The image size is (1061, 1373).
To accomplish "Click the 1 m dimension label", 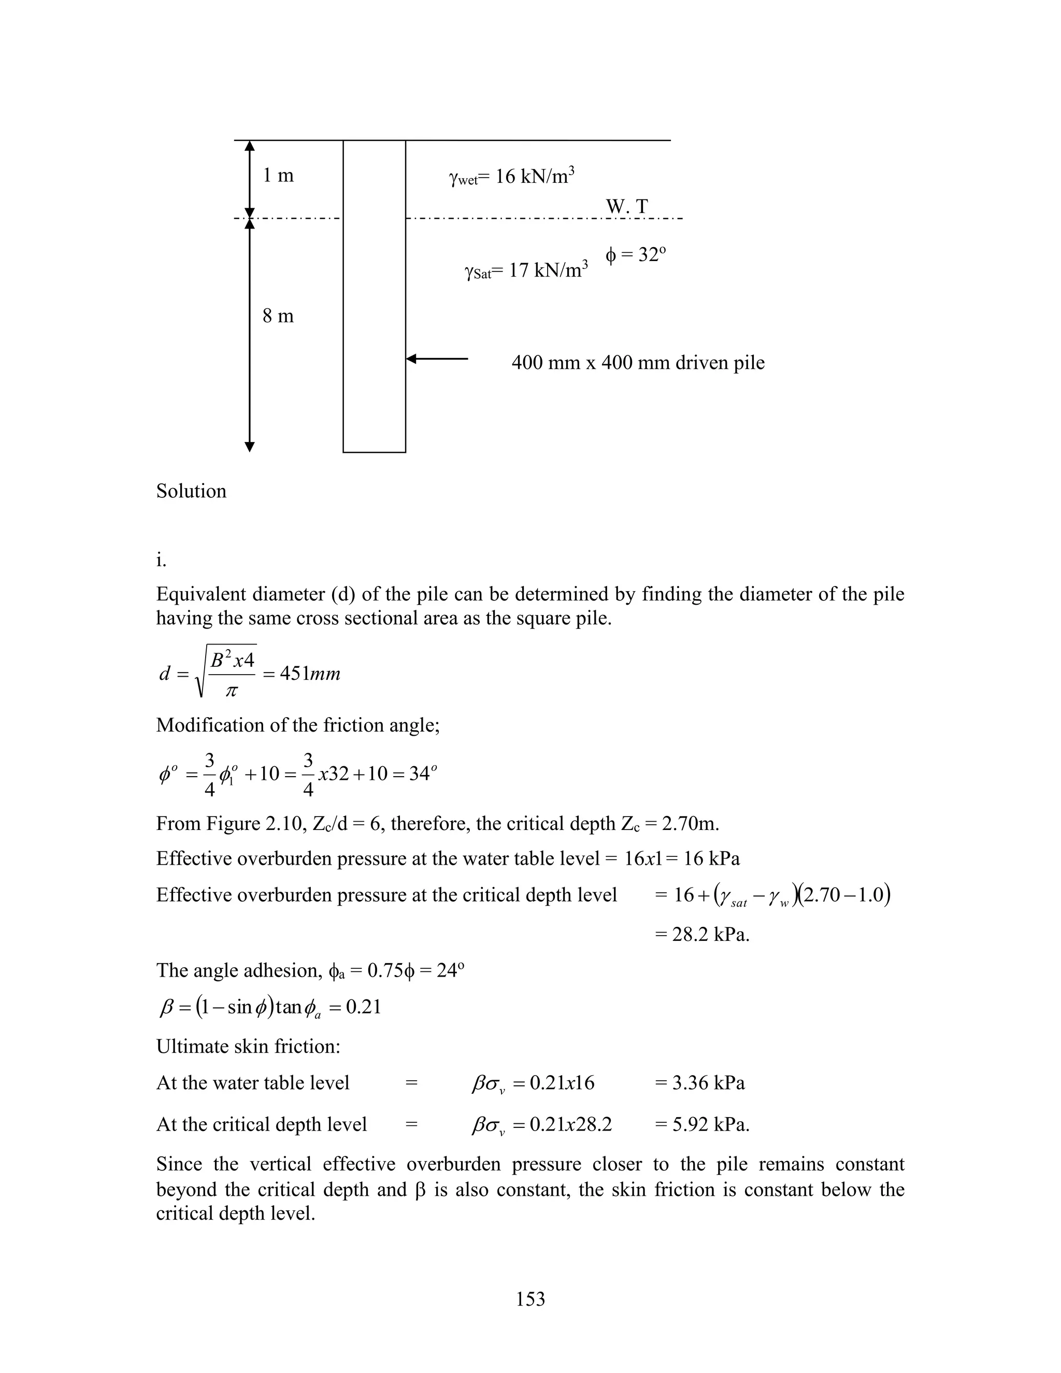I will click(278, 176).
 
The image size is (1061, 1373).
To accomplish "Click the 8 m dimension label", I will click(278, 316).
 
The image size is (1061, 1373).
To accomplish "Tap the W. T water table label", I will click(627, 206).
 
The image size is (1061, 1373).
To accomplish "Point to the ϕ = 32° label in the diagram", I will click(635, 255).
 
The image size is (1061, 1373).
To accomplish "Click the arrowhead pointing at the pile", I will click(412, 359).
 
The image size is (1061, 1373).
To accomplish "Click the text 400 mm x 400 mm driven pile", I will click(637, 363).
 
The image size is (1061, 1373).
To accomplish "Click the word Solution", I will click(191, 491).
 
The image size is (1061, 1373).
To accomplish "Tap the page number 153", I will click(530, 1299).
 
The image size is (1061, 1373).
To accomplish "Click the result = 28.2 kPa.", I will click(701, 935).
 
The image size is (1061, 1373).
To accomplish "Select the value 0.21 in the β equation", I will click(363, 1008).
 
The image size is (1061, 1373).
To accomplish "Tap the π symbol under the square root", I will click(231, 691).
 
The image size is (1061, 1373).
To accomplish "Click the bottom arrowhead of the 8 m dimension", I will click(250, 447).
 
